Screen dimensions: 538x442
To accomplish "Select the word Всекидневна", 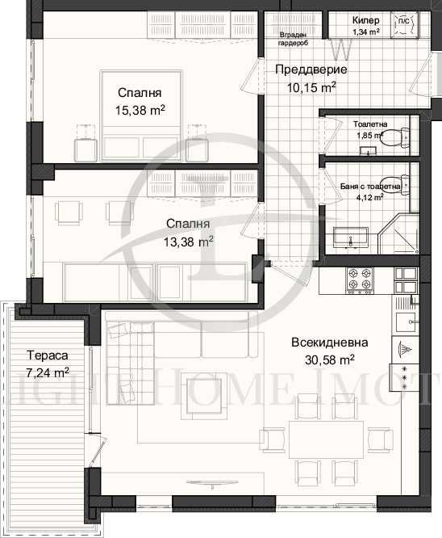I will (x=323, y=343).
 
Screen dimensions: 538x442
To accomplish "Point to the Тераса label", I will (x=46, y=355).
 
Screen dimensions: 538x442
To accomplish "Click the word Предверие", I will (x=306, y=69).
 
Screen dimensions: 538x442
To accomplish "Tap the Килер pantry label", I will (x=371, y=21).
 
